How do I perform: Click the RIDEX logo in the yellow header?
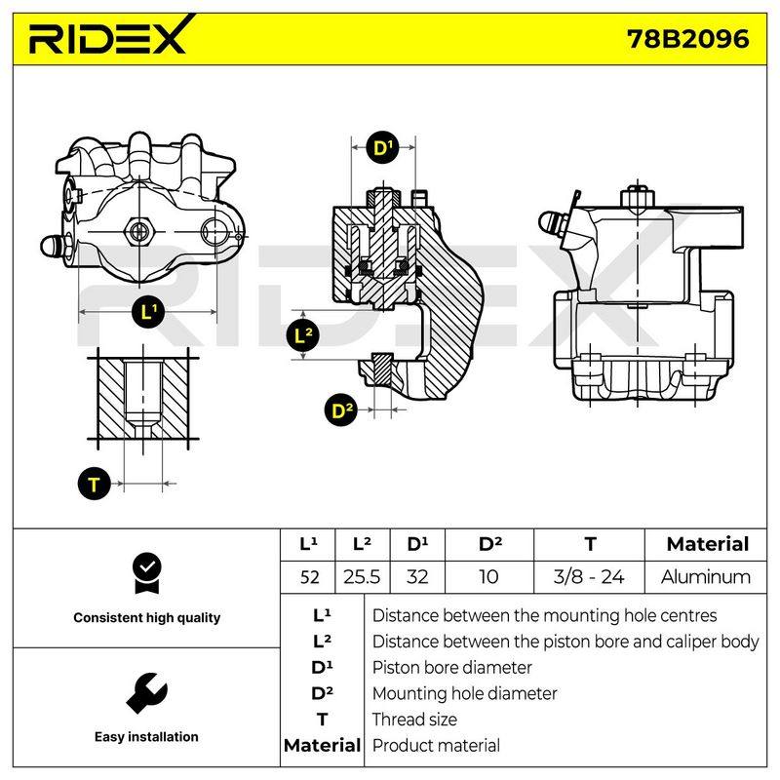110,36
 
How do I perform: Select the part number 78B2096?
688,39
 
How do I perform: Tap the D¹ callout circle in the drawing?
383,147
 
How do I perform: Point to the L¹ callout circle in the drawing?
148,312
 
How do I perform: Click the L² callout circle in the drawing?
303,335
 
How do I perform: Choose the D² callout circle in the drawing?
341,409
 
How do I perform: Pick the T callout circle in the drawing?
94,484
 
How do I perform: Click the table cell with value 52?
309,577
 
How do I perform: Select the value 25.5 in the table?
362,577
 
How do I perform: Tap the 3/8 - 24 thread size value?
589,577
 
